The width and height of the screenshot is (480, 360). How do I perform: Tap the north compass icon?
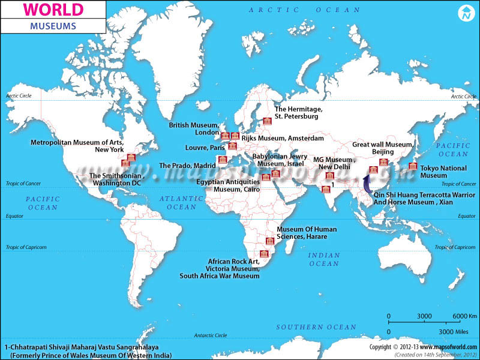click(x=466, y=13)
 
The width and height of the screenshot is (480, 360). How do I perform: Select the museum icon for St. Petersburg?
click(x=268, y=121)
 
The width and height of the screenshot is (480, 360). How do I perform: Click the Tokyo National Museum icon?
click(x=412, y=166)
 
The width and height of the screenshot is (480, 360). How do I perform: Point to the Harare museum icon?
click(x=270, y=241)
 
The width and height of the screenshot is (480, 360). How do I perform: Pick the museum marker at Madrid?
click(x=223, y=160)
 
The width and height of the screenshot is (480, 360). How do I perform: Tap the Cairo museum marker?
click(x=266, y=176)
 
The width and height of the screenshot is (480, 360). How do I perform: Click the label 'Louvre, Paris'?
click(x=205, y=148)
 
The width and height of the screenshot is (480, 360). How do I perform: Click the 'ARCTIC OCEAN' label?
click(x=305, y=10)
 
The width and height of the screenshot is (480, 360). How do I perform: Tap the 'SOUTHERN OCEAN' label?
click(x=316, y=327)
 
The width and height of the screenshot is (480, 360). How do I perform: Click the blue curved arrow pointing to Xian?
click(x=366, y=184)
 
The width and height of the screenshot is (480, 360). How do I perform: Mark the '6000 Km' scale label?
click(x=464, y=316)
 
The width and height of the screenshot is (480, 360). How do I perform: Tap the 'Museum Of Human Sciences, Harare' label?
click(x=306, y=233)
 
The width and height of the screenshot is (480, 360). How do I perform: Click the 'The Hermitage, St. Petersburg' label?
click(x=299, y=113)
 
